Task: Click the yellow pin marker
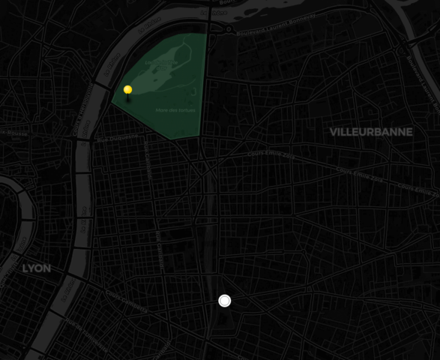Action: click(128, 90)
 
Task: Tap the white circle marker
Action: click(224, 301)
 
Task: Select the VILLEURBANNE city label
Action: click(370, 132)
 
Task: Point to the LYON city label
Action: click(36, 268)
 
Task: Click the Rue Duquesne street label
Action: click(118, 137)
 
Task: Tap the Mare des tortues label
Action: click(176, 110)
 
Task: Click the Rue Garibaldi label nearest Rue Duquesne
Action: click(147, 157)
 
